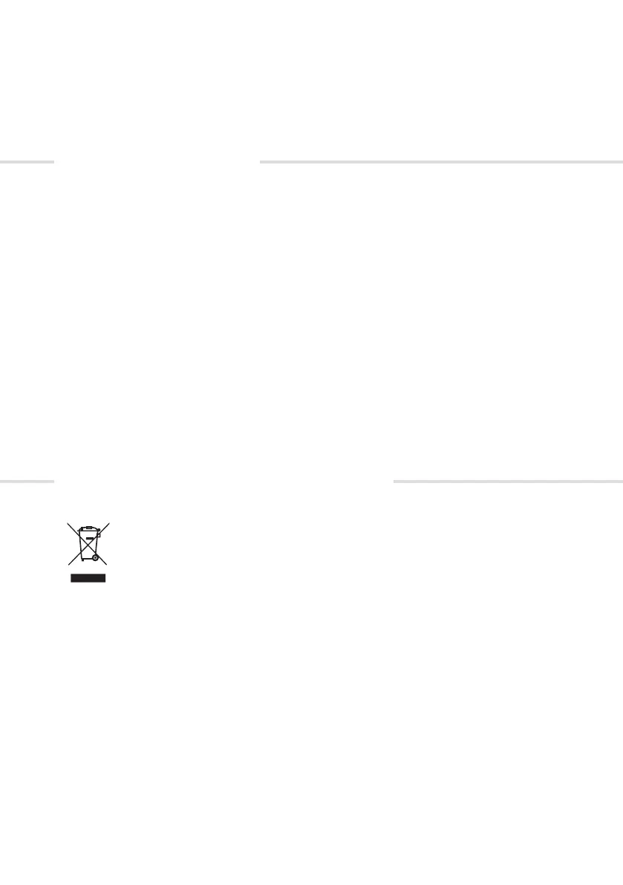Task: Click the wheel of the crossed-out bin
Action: pos(95,557)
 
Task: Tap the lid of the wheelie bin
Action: pos(88,529)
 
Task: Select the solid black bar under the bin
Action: pos(88,577)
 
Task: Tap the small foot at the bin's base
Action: pos(83,560)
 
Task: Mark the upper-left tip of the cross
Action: pos(68,523)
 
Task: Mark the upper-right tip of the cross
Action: pos(109,523)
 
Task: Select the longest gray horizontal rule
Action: pos(441,161)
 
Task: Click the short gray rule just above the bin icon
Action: pos(27,482)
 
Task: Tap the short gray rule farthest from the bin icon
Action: pos(27,161)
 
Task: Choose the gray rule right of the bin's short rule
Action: pos(507,482)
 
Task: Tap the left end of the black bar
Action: pos(71,577)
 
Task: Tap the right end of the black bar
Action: pos(105,577)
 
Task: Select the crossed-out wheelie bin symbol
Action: pos(88,546)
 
